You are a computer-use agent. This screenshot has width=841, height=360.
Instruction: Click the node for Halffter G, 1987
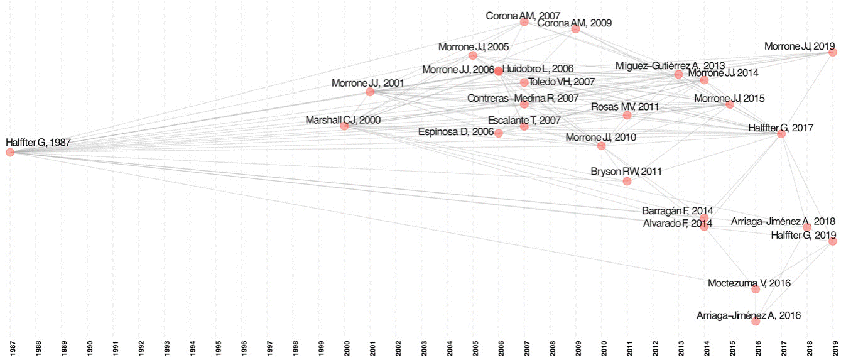tap(10, 152)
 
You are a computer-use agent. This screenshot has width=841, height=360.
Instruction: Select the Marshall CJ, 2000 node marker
tap(344, 126)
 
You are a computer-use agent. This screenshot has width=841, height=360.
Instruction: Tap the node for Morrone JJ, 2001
tap(370, 92)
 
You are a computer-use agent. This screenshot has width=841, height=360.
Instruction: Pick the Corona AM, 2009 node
tap(575, 29)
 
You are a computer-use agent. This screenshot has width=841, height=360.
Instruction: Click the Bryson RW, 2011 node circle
tap(627, 181)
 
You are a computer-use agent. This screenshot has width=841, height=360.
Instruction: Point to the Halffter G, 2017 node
tap(781, 134)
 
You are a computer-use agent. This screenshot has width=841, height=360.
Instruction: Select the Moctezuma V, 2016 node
tap(756, 289)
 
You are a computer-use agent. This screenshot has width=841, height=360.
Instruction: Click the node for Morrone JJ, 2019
tap(833, 52)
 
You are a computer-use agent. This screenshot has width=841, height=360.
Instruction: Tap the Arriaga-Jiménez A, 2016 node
tap(756, 321)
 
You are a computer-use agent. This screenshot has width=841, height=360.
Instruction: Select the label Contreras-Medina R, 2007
tap(523, 99)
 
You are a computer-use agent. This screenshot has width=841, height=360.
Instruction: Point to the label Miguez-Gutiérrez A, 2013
tap(670, 65)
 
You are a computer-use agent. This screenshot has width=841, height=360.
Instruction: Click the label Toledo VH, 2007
tap(562, 82)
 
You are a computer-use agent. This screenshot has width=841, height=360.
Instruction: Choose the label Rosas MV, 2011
tap(625, 107)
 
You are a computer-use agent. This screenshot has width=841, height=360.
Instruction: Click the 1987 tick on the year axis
tap(11, 347)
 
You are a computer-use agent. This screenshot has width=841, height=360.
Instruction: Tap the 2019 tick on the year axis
tap(833, 347)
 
